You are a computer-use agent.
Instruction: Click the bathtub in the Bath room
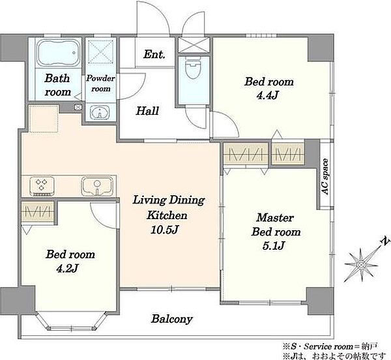tap(59, 53)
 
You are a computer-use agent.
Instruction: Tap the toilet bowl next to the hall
tap(194, 67)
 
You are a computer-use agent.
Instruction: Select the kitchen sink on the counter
tap(97, 186)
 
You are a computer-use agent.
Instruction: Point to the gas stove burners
tap(42, 186)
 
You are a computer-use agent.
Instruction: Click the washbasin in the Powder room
tap(100, 112)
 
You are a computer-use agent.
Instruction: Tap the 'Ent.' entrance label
tap(154, 54)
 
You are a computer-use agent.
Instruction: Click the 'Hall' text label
tap(147, 110)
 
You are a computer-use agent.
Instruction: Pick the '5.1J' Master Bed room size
tap(273, 246)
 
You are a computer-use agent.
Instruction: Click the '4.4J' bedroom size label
tap(267, 96)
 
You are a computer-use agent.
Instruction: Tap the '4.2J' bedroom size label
tap(68, 269)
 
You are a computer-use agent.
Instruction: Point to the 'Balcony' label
tap(172, 319)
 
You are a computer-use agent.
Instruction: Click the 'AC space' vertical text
tap(325, 177)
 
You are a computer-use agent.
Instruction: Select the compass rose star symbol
tap(361, 264)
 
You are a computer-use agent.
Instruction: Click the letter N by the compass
tap(385, 241)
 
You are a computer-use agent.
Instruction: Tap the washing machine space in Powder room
tap(101, 52)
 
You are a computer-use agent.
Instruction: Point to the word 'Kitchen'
tap(167, 215)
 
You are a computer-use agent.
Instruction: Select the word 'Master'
tap(275, 218)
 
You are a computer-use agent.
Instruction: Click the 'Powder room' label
tap(100, 83)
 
